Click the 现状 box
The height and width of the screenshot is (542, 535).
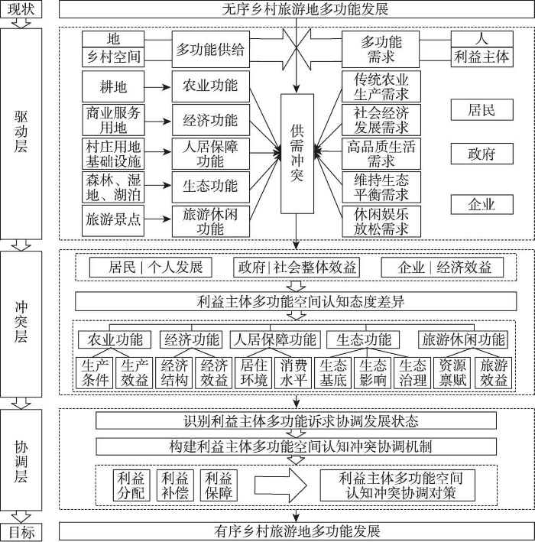(x=21, y=9)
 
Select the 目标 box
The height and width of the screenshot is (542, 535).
(x=21, y=532)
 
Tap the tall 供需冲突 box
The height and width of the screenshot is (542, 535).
(x=297, y=154)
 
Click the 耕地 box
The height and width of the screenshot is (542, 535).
(x=113, y=86)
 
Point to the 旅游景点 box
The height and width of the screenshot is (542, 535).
(x=113, y=220)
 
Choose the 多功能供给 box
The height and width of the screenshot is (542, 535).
(x=210, y=49)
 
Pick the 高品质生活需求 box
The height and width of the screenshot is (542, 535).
(x=381, y=154)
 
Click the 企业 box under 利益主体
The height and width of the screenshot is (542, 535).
(x=481, y=204)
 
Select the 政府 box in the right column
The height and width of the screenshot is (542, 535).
(x=481, y=154)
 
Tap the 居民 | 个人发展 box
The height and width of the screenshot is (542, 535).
(x=151, y=268)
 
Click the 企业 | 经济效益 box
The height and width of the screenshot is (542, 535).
(x=442, y=268)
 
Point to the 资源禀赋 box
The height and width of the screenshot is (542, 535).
(x=452, y=372)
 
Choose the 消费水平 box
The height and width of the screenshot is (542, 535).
(x=293, y=372)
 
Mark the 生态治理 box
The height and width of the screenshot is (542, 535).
(x=413, y=372)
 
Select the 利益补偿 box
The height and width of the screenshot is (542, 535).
(x=175, y=485)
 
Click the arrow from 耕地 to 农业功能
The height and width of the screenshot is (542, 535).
(x=157, y=87)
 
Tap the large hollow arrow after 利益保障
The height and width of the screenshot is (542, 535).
(x=280, y=485)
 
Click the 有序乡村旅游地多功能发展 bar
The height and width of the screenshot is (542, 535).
(x=297, y=531)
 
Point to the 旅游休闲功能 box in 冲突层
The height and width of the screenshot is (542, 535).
(x=463, y=339)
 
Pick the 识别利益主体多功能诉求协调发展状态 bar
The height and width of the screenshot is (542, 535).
(x=297, y=420)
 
